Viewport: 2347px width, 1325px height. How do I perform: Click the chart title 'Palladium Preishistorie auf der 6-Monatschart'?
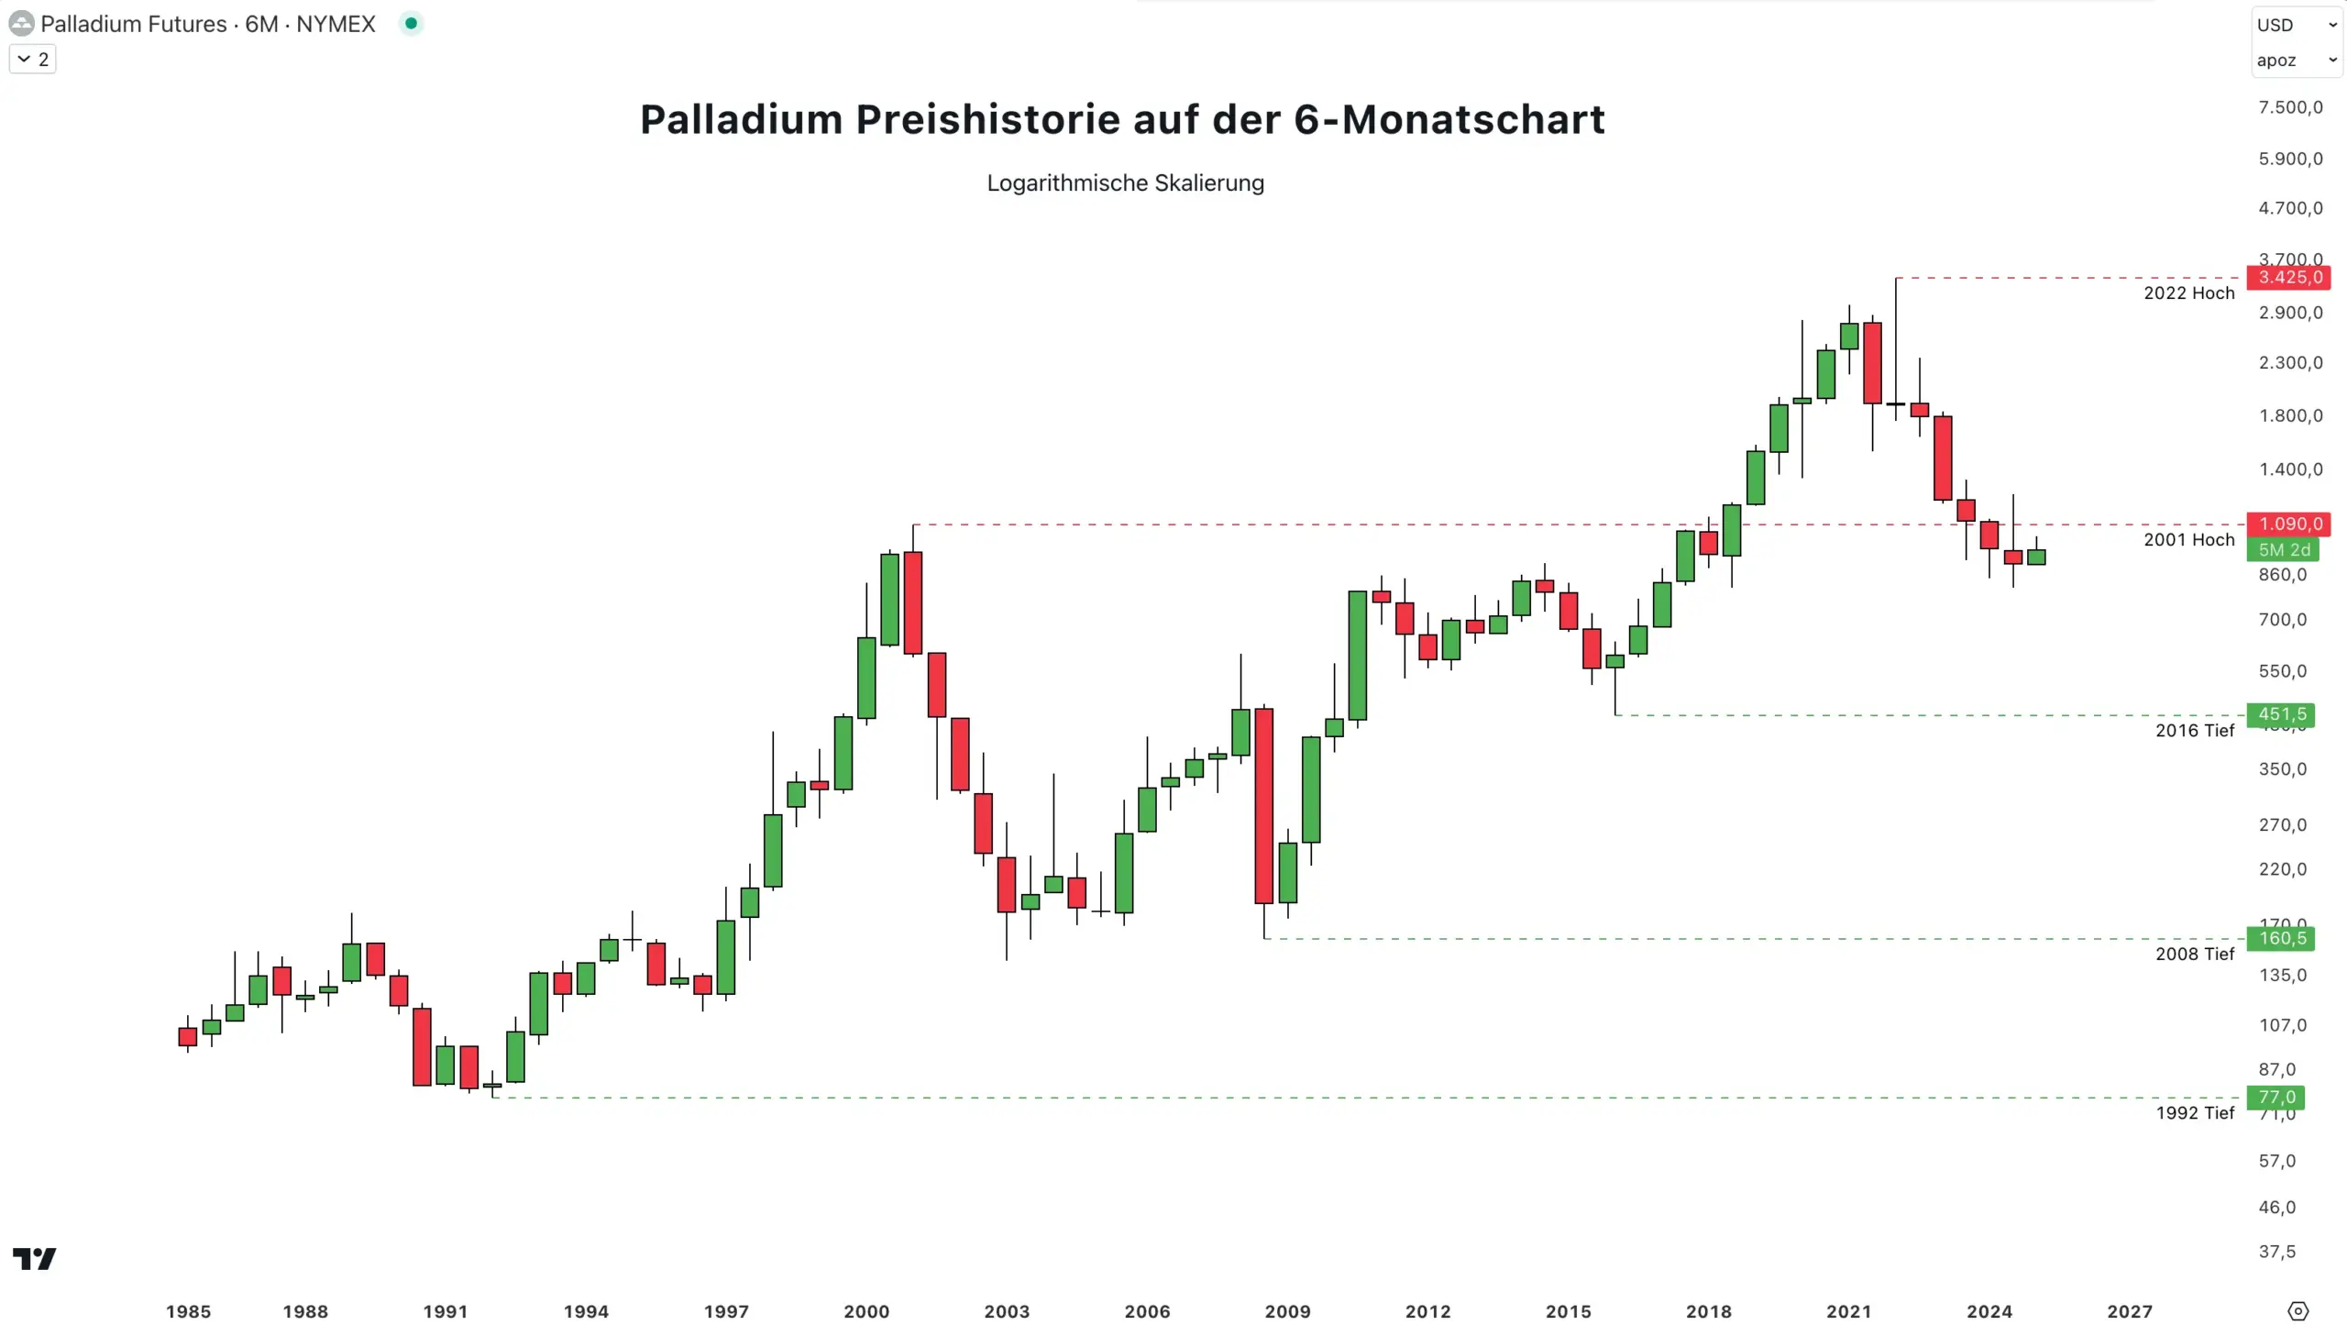pos(1122,119)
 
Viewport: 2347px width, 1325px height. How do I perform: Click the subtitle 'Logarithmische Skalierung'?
pos(1125,182)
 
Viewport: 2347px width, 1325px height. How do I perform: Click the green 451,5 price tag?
pos(2281,714)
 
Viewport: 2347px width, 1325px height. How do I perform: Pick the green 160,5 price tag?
pos(2281,938)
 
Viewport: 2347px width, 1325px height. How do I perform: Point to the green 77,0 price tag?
pos(2275,1097)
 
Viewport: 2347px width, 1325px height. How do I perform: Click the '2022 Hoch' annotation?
pos(2188,293)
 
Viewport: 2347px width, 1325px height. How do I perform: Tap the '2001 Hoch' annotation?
pos(2188,539)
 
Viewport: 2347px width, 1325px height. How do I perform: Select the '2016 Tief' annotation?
pos(2194,730)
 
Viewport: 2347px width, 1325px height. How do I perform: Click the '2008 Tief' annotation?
pos(2194,954)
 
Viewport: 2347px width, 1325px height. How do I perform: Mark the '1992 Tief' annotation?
pos(2194,1112)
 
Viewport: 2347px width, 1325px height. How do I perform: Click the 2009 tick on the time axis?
pos(1287,1311)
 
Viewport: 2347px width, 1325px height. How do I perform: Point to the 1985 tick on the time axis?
pos(188,1311)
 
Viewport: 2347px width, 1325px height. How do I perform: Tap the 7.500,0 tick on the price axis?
pos(2290,107)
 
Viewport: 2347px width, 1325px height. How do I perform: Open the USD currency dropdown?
pos(2296,25)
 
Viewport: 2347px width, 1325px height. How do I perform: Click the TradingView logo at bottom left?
pos(34,1258)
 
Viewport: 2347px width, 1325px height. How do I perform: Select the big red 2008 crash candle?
pos(1263,805)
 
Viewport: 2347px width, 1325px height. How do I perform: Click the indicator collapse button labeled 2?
pos(33,59)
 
